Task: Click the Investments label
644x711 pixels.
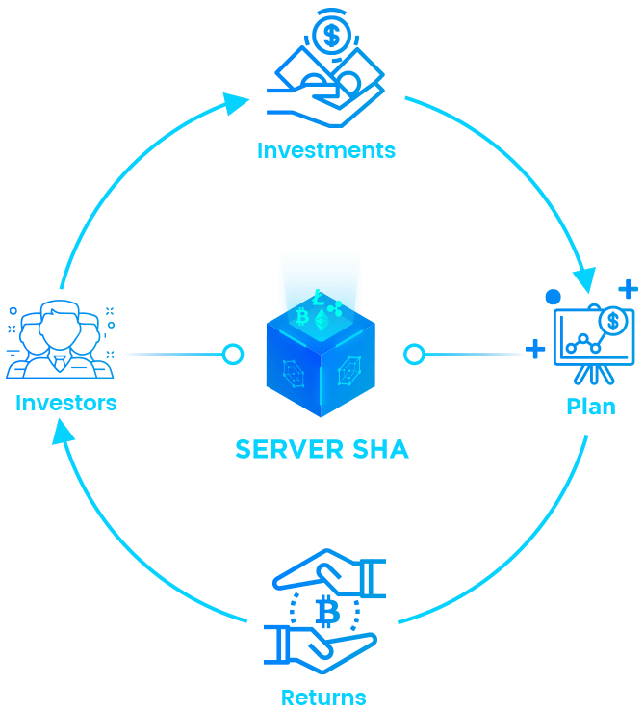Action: click(325, 150)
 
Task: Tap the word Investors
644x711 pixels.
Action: click(65, 402)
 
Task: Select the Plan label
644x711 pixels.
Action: click(590, 407)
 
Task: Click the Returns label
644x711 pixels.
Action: click(323, 697)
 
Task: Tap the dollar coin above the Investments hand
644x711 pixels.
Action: click(330, 37)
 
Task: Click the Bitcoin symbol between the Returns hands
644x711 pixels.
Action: click(324, 611)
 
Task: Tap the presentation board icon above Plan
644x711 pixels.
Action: click(593, 342)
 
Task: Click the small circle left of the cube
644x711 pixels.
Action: click(232, 355)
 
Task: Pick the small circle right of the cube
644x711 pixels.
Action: click(414, 355)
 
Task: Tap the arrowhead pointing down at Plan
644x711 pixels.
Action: click(583, 279)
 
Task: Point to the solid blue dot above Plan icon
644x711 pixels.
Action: click(553, 297)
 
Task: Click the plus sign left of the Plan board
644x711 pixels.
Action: click(534, 349)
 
